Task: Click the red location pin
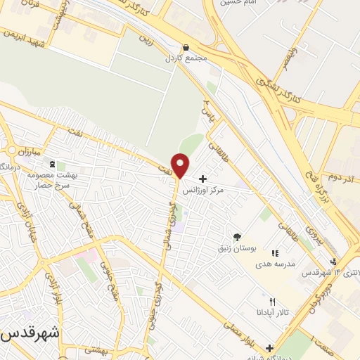181,166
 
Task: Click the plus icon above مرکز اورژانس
202,179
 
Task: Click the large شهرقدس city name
28,333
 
